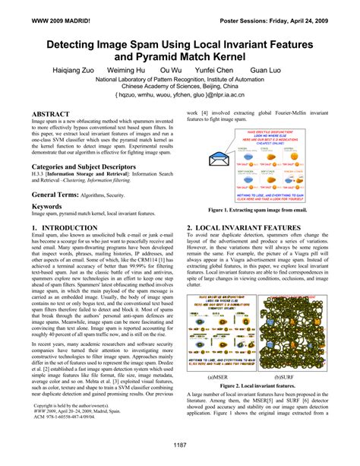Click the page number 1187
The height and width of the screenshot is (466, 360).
(180, 445)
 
